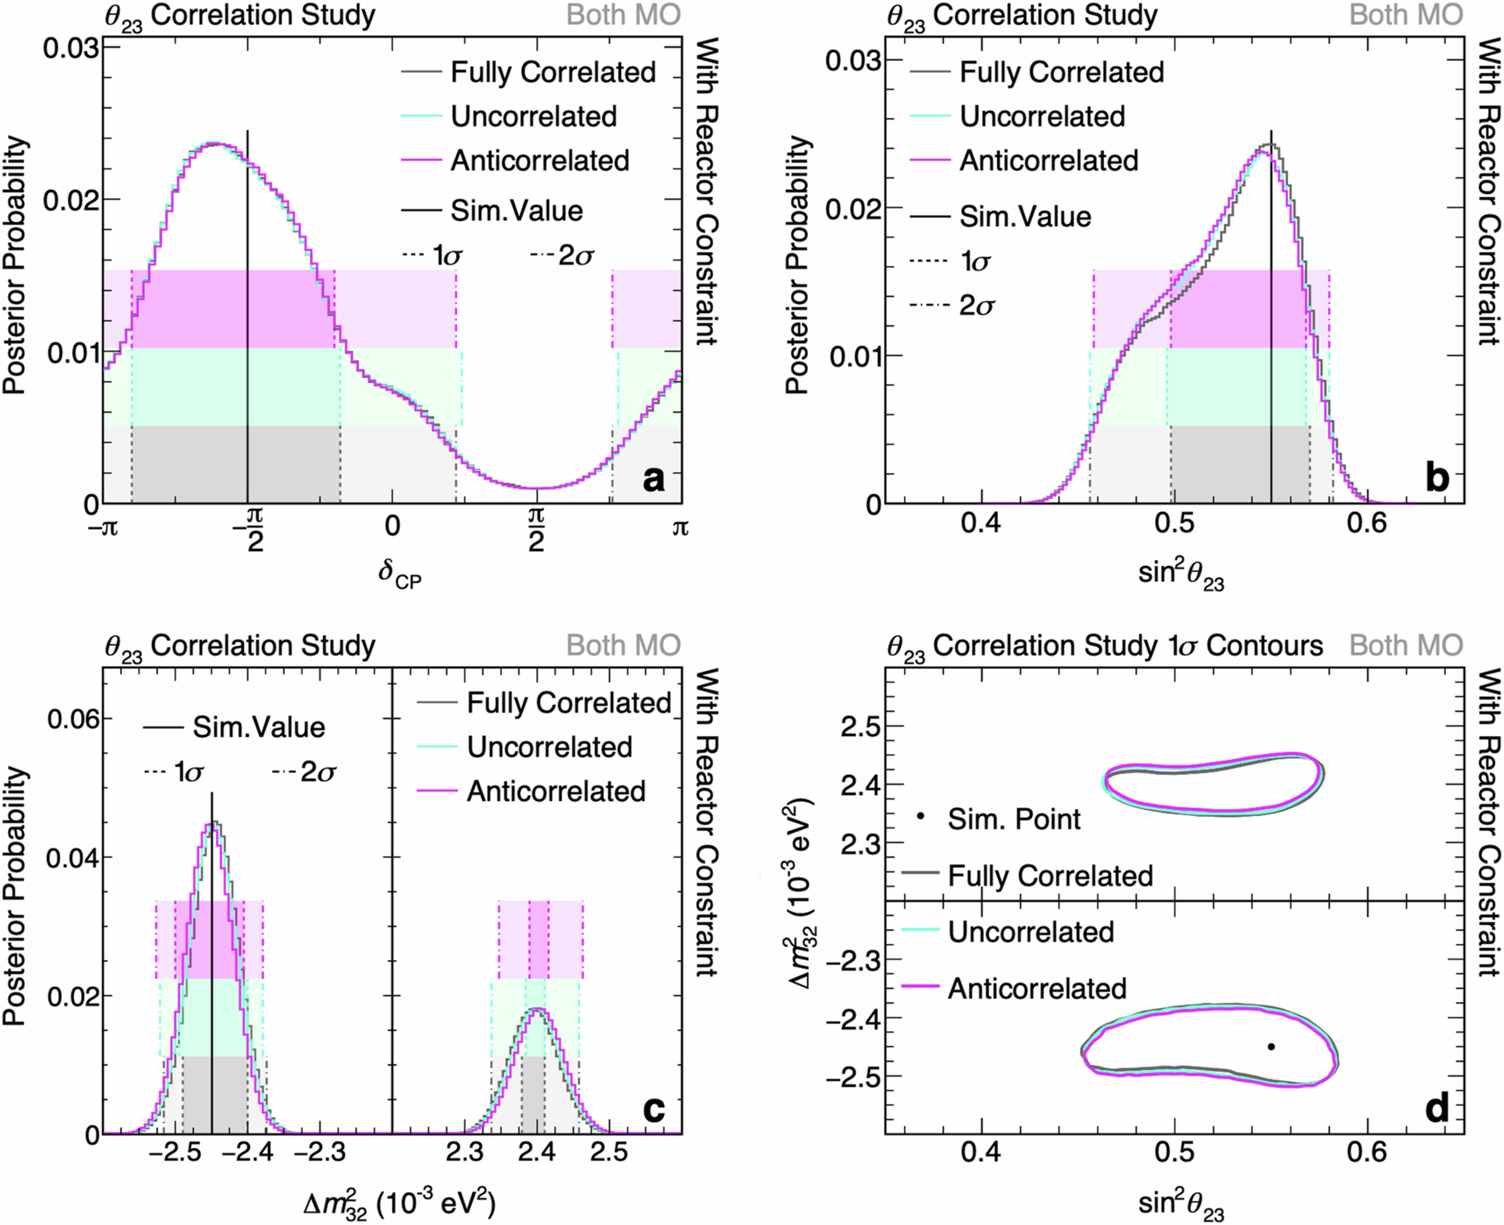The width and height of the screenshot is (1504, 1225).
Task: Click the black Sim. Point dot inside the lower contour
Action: (1271, 1046)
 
